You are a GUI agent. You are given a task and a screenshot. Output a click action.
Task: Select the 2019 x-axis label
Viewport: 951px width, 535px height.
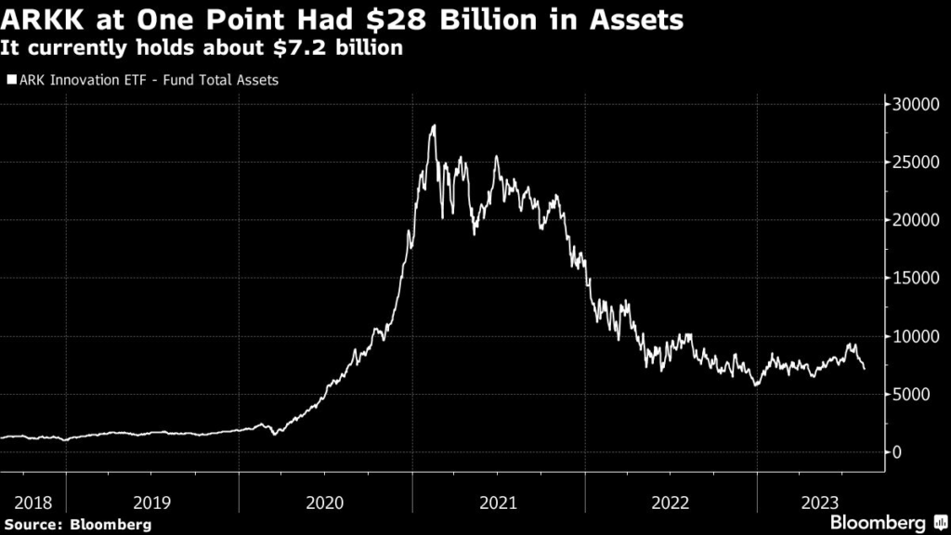pyautogui.click(x=152, y=502)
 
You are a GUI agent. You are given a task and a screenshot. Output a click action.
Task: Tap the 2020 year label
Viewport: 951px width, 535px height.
pyautogui.click(x=325, y=502)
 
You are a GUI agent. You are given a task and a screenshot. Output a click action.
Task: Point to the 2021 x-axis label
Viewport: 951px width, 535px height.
pyautogui.click(x=498, y=502)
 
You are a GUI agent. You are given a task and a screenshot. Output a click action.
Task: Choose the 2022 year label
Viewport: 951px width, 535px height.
pyautogui.click(x=671, y=502)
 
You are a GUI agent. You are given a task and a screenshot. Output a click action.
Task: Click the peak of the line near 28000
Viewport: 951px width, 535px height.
pyautogui.click(x=434, y=125)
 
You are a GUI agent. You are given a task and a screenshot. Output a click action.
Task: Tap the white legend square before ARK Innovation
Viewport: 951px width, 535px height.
pyautogui.click(x=9, y=80)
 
